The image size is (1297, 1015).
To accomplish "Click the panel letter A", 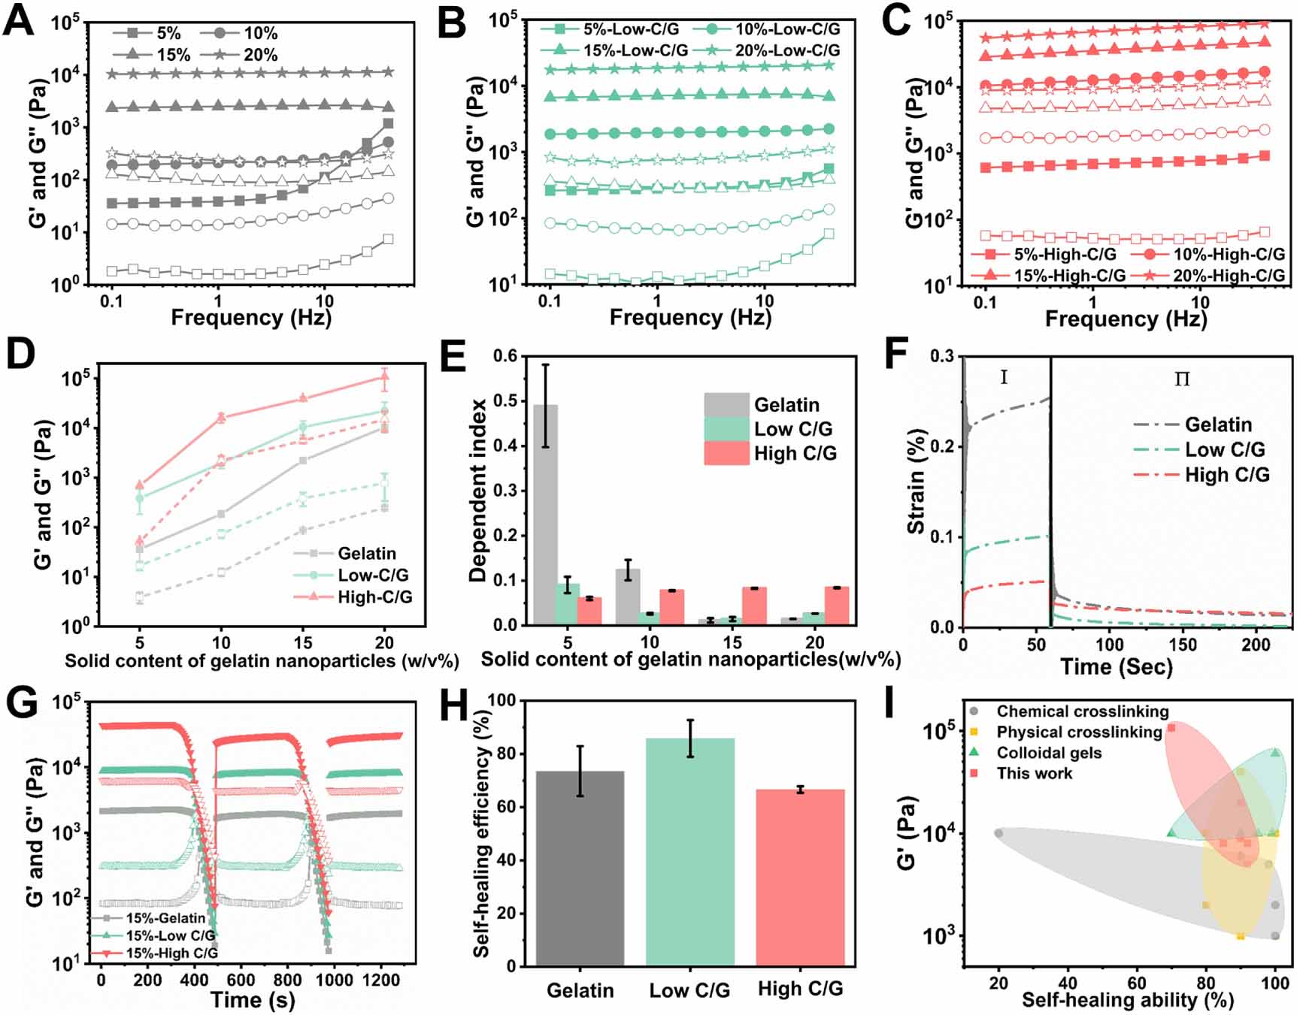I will [x=18, y=20].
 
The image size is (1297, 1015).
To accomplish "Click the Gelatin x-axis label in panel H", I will [x=580, y=990].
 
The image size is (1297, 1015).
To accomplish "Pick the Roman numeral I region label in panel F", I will [x=1004, y=378].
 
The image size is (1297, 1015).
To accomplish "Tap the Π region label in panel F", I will [x=1182, y=379].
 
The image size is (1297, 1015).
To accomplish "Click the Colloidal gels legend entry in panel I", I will [x=1048, y=753].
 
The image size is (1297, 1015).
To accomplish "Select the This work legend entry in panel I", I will [x=1034, y=774].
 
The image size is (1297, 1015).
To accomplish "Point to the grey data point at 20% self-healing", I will [x=999, y=833].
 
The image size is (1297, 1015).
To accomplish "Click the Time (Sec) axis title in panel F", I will [x=1116, y=667].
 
